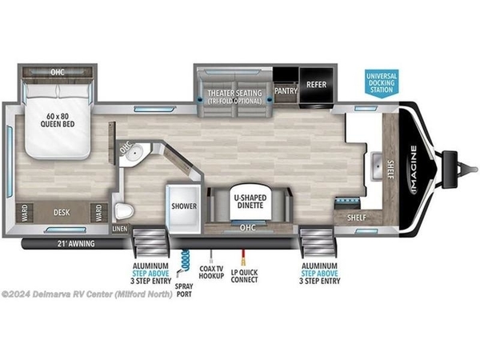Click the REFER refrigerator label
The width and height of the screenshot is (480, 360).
tap(316, 85)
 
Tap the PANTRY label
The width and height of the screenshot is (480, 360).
tap(286, 91)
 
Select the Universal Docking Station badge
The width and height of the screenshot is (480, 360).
tap(382, 83)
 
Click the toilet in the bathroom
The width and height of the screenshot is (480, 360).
tap(124, 210)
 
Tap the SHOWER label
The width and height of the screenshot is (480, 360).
tap(184, 206)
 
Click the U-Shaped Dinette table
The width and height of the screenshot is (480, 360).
tap(250, 202)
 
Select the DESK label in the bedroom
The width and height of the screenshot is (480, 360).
tap(62, 213)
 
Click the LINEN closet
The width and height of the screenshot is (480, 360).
tap(120, 229)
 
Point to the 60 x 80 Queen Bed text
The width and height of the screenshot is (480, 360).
tap(58, 120)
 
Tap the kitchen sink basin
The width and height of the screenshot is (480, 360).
tap(377, 166)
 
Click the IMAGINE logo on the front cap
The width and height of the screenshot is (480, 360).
tap(414, 170)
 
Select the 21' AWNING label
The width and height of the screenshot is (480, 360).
tap(76, 244)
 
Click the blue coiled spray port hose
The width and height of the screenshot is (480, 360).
tap(185, 260)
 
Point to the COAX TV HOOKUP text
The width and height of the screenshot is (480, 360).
tap(211, 272)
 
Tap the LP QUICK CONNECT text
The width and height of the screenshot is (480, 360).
tap(244, 276)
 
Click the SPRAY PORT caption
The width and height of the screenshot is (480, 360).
tap(184, 290)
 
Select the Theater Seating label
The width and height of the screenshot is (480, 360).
tap(234, 97)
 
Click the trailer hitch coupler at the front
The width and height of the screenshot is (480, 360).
tap(459, 168)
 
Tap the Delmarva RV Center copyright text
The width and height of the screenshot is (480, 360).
tap(86, 294)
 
